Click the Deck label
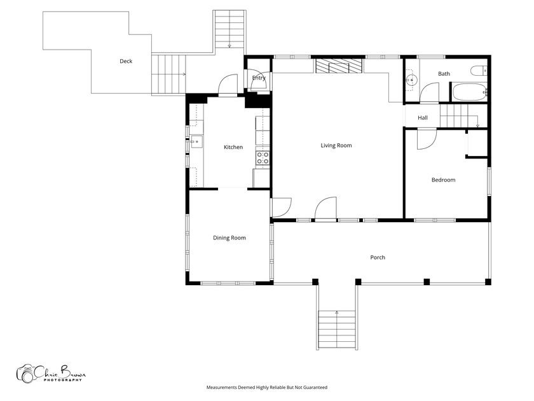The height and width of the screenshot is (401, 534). [x=126, y=61]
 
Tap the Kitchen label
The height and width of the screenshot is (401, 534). [x=233, y=147]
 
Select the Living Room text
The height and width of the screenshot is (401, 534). [x=336, y=146]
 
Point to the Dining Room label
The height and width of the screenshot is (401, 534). [x=229, y=238]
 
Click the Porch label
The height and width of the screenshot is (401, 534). [x=378, y=257]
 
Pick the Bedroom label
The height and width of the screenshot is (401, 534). [x=444, y=180]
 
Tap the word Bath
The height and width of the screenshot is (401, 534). [x=444, y=74]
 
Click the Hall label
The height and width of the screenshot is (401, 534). [x=423, y=118]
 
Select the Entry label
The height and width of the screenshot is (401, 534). [x=259, y=78]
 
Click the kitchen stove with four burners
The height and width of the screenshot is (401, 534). [x=263, y=158]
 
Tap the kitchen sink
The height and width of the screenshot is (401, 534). [x=196, y=141]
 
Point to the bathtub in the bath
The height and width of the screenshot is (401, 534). [x=469, y=92]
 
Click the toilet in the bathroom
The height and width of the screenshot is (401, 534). [x=479, y=71]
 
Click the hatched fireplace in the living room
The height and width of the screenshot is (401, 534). [x=338, y=66]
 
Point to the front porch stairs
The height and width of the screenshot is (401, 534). [x=337, y=330]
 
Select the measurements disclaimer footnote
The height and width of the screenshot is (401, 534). [x=266, y=388]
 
